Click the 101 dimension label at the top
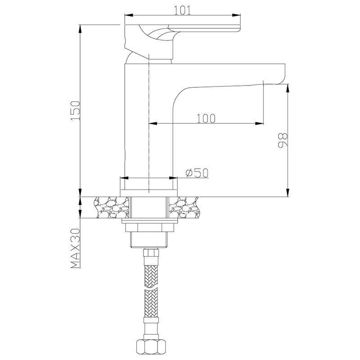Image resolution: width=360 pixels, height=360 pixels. coord(182,10)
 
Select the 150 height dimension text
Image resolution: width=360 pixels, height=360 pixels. coord(76,110)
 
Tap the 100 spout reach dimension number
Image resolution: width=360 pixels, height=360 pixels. coord(206,118)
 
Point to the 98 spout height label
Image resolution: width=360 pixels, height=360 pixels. coord(283,140)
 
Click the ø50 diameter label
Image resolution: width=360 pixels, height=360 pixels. coord(197,173)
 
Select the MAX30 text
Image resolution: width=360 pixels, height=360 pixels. coord(76,248)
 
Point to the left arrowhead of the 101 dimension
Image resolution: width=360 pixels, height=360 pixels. coord(129,15)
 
